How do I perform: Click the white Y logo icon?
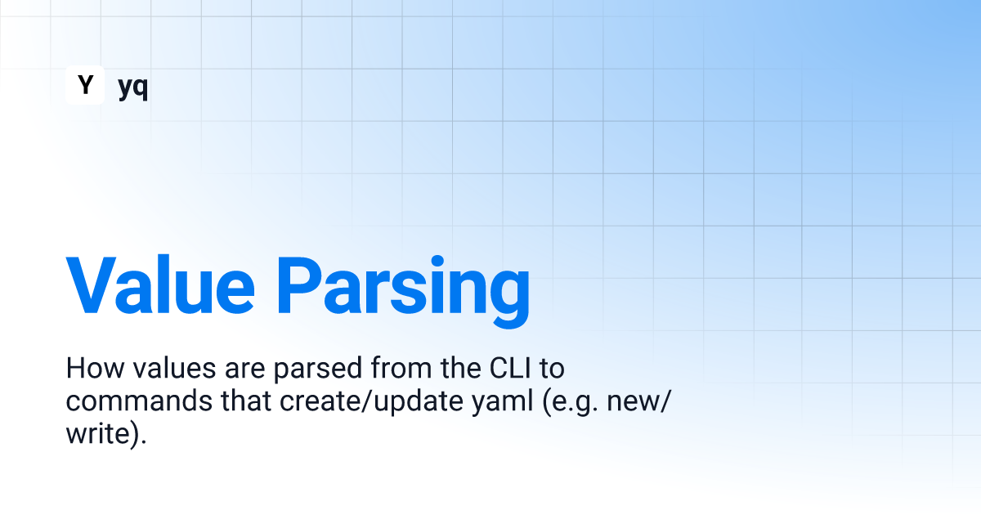[x=85, y=85]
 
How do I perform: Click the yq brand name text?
[x=133, y=87]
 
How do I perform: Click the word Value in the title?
[x=160, y=285]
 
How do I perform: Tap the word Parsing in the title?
[x=403, y=291]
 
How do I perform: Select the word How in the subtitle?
[x=95, y=368]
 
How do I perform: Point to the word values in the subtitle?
[x=174, y=368]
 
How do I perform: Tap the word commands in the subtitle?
[x=139, y=401]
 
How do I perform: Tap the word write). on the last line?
[x=106, y=433]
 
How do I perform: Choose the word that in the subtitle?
[x=246, y=401]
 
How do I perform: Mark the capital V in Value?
[x=91, y=285]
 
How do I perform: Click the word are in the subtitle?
[x=244, y=370]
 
